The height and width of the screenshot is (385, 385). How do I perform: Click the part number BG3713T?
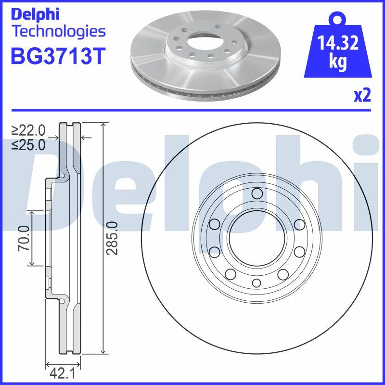(x=57, y=57)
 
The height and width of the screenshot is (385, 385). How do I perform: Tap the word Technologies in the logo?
(x=57, y=32)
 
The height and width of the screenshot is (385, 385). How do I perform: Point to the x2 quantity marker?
(x=362, y=96)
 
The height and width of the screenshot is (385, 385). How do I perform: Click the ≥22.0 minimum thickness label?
(x=28, y=130)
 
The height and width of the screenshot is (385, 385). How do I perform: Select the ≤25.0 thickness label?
(x=28, y=144)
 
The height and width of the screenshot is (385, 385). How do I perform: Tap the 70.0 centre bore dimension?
(x=24, y=238)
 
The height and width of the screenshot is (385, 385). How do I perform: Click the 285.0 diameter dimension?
(x=112, y=238)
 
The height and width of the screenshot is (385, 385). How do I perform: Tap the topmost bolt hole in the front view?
(x=257, y=194)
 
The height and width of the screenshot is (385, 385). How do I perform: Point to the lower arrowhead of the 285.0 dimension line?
(x=103, y=352)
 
